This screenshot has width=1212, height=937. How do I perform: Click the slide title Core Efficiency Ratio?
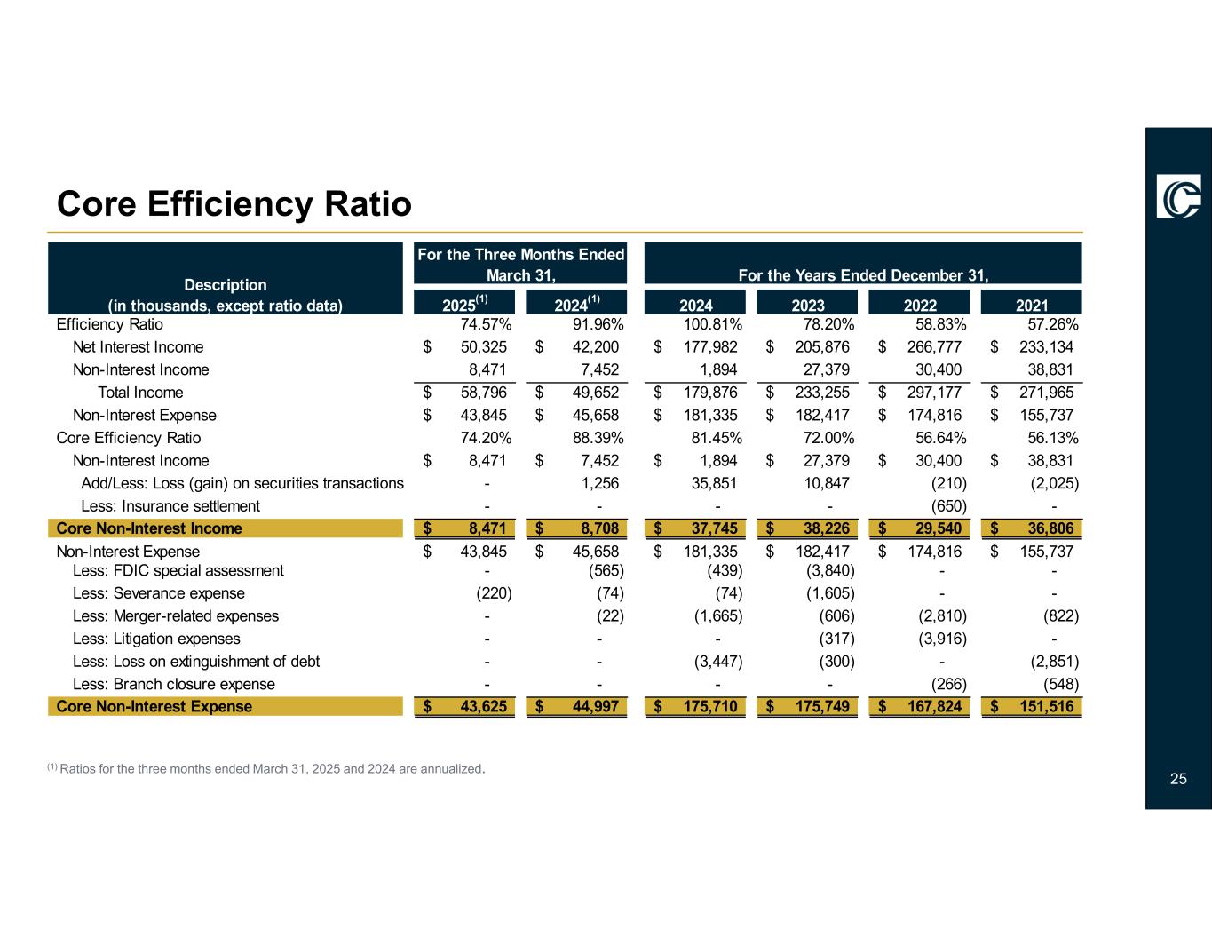[x=234, y=204]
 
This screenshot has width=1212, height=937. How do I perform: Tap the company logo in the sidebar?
[x=1178, y=195]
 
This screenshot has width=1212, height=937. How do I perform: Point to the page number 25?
[x=1178, y=779]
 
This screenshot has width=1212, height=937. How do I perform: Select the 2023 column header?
[x=808, y=306]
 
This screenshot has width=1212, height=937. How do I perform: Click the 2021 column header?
[x=1032, y=306]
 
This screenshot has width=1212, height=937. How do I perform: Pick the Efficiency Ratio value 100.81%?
[x=713, y=324]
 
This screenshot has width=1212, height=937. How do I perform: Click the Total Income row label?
[x=140, y=393]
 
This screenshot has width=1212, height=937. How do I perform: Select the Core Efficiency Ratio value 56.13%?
[x=1053, y=438]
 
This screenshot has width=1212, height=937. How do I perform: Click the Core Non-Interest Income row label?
[x=149, y=528]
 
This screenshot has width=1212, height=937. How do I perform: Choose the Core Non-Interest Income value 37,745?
[x=708, y=528]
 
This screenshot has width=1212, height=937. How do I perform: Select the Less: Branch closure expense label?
[x=174, y=684]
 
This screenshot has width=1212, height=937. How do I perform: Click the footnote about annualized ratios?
[x=265, y=768]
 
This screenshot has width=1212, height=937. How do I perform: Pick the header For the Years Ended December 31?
[x=863, y=275]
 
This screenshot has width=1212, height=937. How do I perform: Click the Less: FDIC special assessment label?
[x=178, y=570]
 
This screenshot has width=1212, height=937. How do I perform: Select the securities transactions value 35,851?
[x=713, y=483]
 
